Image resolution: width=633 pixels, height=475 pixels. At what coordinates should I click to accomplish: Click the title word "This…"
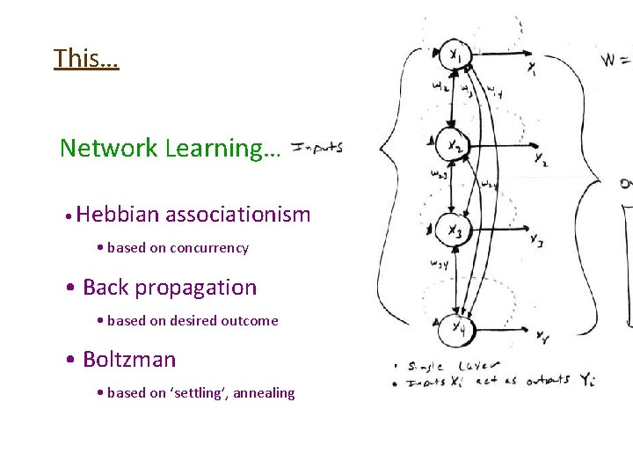click(86, 59)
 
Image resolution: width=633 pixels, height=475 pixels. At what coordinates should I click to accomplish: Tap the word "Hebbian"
click(118, 215)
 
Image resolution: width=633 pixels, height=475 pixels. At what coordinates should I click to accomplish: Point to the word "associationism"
click(238, 215)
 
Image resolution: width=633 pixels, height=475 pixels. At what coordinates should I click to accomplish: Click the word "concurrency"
click(209, 248)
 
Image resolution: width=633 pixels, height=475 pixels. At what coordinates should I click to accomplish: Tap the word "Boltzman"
click(129, 360)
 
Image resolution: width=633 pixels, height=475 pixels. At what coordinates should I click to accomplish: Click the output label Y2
click(538, 161)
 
